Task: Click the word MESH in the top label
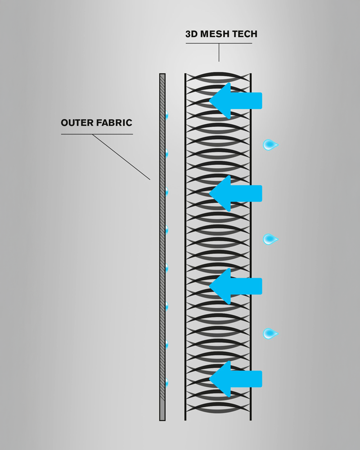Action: tap(212, 34)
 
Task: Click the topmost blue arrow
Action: tap(236, 100)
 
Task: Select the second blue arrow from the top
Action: tap(236, 193)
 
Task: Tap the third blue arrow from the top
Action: tap(236, 286)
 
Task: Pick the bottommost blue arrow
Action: tap(236, 379)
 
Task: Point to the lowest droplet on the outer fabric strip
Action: tap(166, 383)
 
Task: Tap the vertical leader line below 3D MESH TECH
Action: tap(219, 52)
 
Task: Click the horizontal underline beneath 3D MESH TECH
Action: tap(219, 43)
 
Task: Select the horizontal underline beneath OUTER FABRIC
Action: tap(97, 134)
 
